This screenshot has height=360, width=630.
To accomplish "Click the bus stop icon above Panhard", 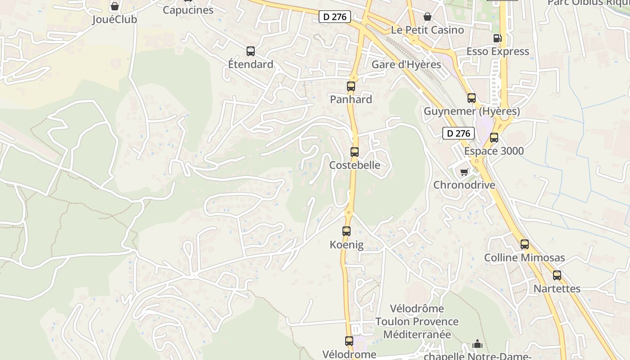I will [x=351, y=86].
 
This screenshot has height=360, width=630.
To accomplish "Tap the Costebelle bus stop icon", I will [x=355, y=152].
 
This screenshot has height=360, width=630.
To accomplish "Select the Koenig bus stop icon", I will [x=346, y=231].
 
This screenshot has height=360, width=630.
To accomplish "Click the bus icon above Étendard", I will [x=251, y=51].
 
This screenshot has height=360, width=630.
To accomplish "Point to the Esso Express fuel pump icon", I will [x=497, y=39].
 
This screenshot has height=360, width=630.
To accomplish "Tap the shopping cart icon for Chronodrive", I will [x=464, y=172].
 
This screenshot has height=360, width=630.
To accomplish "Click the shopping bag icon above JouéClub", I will [x=115, y=7].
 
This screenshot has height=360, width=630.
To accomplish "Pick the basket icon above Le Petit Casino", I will [x=427, y=17].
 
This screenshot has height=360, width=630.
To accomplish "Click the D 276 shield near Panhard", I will [x=335, y=17].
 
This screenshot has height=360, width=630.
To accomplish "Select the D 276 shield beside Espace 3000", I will [x=459, y=133].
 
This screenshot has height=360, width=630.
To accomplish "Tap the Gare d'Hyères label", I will [x=406, y=64].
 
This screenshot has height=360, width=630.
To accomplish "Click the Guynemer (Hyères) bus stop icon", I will [x=472, y=98].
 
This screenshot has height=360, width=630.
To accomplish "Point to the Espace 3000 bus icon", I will [x=494, y=138].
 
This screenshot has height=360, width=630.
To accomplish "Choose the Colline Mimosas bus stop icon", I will [x=525, y=244].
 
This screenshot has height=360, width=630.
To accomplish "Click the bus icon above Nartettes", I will [x=557, y=275].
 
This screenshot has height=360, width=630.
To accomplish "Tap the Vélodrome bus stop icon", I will [x=349, y=341].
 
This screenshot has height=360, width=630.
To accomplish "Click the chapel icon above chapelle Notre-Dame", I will [x=477, y=344].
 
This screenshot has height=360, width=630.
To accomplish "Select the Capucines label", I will [x=188, y=10].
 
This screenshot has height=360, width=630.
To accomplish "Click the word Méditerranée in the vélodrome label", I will [x=417, y=334].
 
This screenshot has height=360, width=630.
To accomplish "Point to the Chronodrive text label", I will [x=464, y=185].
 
